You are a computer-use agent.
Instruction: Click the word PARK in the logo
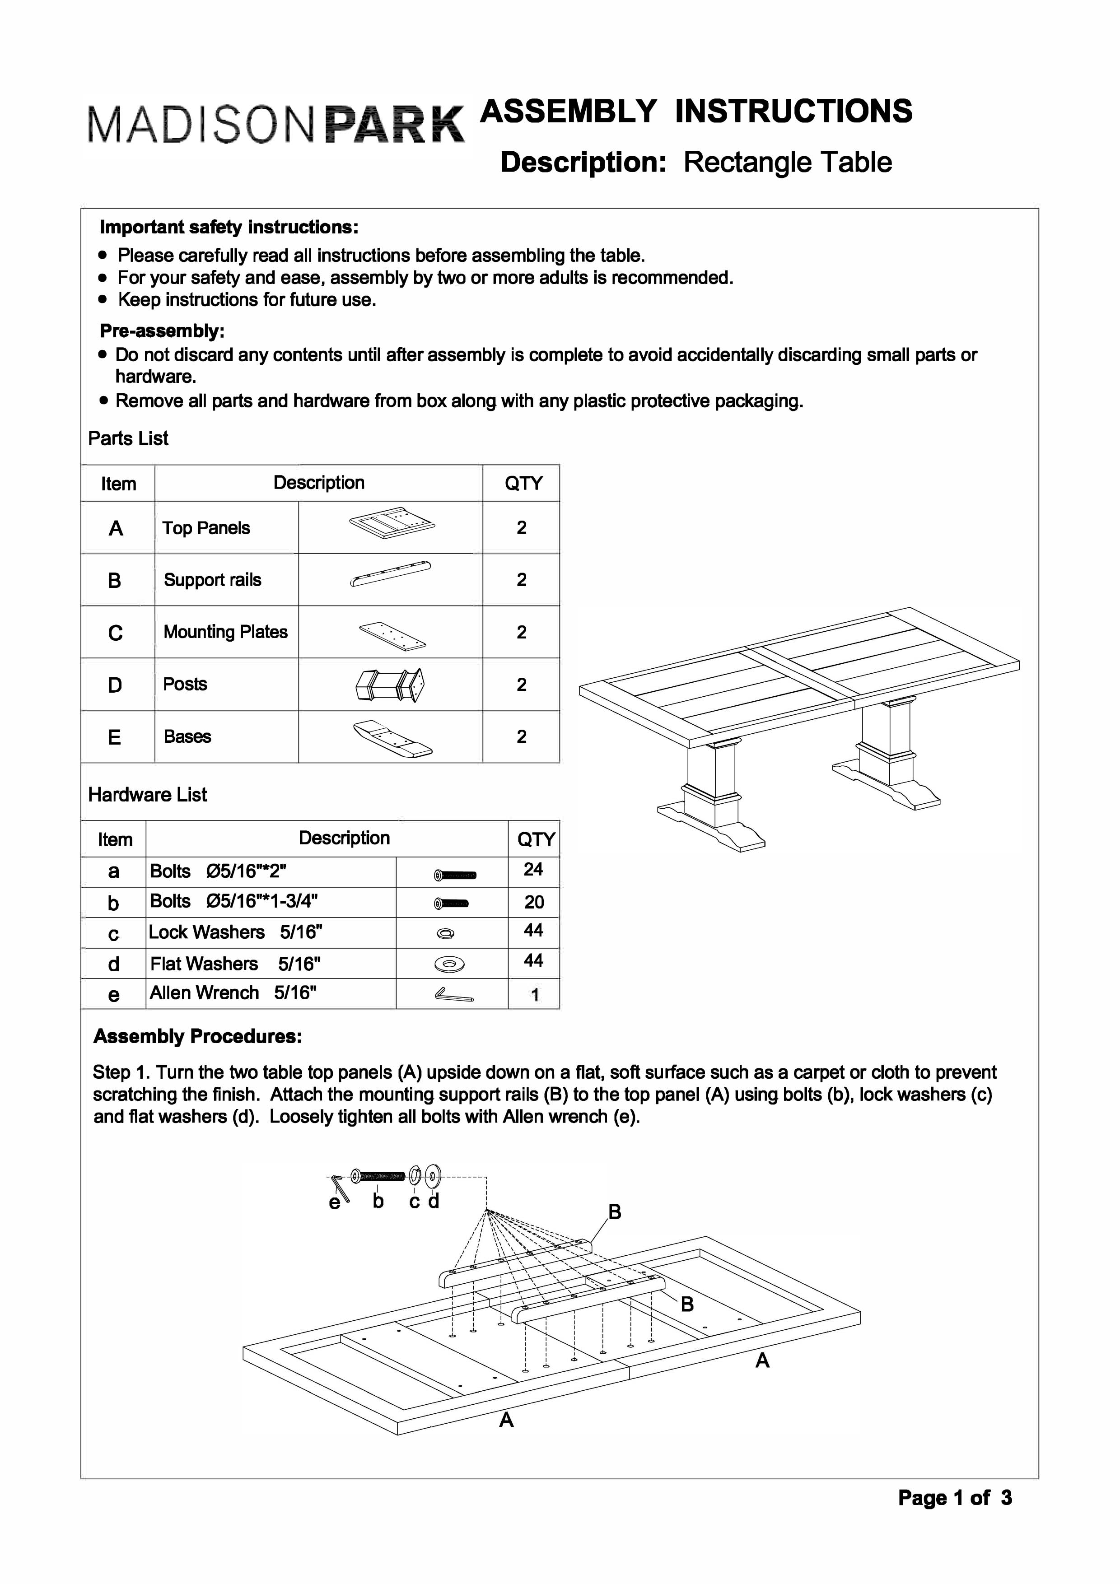point(394,124)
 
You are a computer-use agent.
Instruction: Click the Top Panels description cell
point(206,528)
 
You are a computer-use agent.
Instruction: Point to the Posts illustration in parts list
point(390,685)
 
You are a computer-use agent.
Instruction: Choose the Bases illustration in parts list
point(391,738)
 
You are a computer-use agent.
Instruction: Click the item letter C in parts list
point(116,633)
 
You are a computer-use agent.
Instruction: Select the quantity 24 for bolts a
point(533,869)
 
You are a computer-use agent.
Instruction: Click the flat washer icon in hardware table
point(449,964)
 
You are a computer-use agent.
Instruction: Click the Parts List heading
point(128,438)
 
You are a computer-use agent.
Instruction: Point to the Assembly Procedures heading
point(197,1036)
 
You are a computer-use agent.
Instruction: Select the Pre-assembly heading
point(162,331)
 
